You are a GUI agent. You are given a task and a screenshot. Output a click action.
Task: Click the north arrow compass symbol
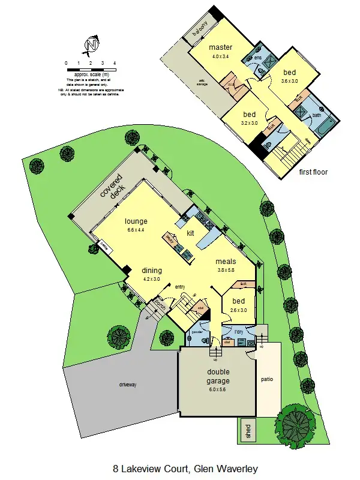(x=91, y=44)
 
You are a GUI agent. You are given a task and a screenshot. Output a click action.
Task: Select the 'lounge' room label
(x=136, y=220)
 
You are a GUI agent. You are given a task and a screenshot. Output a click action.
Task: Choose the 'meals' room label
(x=226, y=262)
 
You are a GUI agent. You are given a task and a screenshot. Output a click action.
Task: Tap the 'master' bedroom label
(x=220, y=48)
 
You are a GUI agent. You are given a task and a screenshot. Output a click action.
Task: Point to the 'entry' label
(x=179, y=287)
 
